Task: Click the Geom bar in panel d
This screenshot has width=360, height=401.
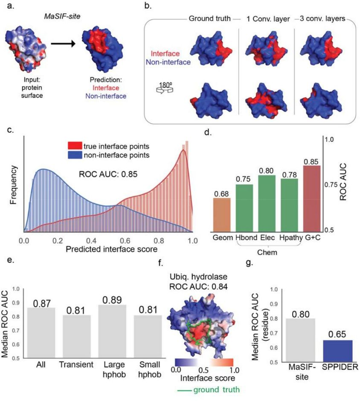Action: [x=222, y=215]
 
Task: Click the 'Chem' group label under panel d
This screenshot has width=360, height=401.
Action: [x=267, y=252]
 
